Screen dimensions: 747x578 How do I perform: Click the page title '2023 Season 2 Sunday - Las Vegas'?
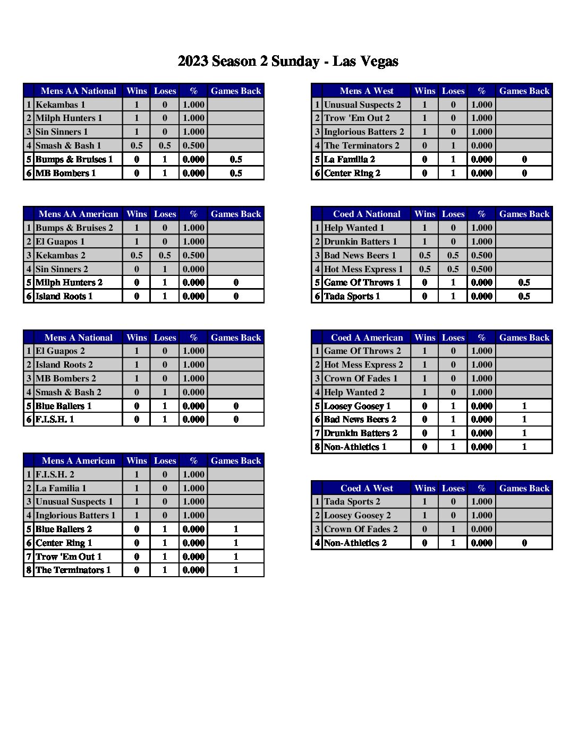[x=288, y=62]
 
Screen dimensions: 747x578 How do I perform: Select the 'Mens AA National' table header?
[x=78, y=91]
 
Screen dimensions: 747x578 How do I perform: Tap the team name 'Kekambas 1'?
[x=60, y=105]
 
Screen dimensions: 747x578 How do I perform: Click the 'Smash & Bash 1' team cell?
[x=68, y=145]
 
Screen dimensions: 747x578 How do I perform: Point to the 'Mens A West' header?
[x=367, y=91]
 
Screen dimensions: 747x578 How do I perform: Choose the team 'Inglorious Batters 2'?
[x=364, y=132]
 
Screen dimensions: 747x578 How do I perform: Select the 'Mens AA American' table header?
[x=78, y=214]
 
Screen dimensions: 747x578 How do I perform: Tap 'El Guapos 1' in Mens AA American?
[x=59, y=241]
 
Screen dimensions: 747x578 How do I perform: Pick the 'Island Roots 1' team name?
[x=64, y=296]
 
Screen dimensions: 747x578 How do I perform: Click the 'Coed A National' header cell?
[x=367, y=214]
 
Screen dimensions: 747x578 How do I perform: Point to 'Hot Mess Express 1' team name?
[x=363, y=269]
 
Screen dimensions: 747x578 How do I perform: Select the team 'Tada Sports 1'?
[x=352, y=296]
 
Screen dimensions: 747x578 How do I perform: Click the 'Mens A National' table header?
[x=78, y=337]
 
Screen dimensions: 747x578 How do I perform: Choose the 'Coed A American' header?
[x=367, y=337]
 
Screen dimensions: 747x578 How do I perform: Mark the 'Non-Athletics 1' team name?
[x=355, y=447]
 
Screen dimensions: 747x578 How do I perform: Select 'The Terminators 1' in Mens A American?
[x=73, y=570]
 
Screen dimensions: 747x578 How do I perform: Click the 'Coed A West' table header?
[x=367, y=488]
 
